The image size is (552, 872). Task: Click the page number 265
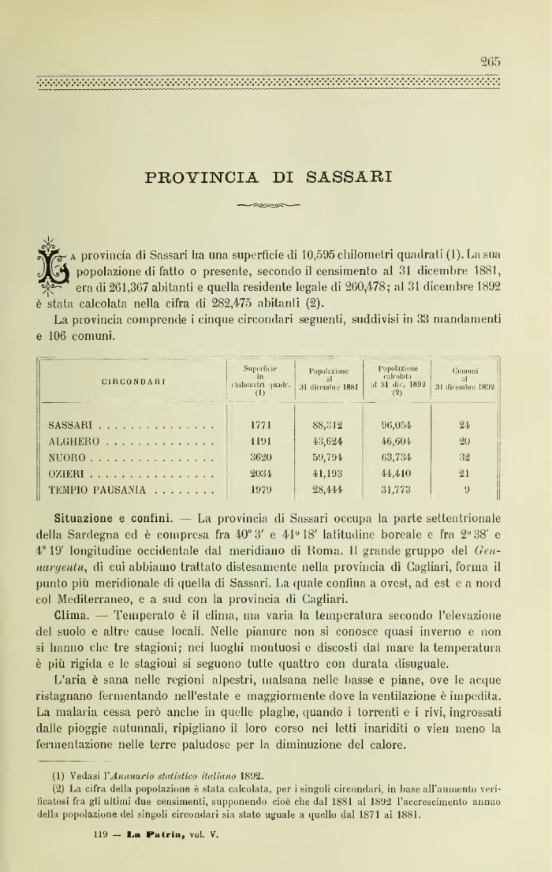490,62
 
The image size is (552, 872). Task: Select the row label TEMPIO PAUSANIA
97,490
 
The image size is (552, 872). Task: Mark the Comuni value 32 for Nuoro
464,457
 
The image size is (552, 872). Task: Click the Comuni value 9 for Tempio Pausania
466,490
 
